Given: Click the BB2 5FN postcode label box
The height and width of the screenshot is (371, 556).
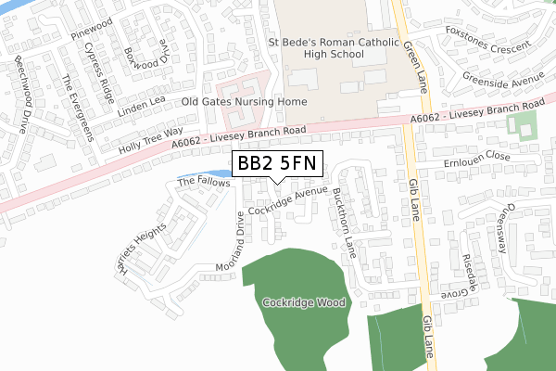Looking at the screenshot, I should (277, 164).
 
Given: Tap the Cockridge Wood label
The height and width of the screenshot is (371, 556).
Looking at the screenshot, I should (303, 302).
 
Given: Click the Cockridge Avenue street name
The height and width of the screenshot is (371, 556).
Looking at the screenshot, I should (287, 198).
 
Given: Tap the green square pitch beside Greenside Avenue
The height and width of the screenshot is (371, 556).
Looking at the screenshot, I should (524, 126).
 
